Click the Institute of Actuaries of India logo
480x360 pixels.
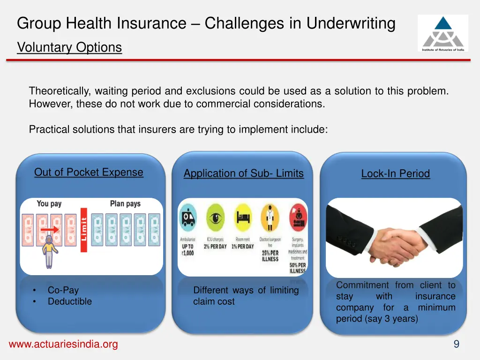coord(442,33)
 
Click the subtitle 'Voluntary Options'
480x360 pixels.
coord(69,47)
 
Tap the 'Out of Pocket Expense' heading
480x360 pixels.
coord(89,172)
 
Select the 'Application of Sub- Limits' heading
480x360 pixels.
coord(243,173)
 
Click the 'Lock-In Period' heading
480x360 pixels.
coord(395,173)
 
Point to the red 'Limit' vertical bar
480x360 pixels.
coord(84,230)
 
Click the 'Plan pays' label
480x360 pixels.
coord(125,203)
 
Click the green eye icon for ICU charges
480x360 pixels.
coord(215,217)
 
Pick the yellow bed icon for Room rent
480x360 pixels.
coord(243,217)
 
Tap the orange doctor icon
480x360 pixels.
coord(270,217)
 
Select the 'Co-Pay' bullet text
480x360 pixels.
coord(63,290)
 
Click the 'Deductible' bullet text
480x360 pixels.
coord(69,301)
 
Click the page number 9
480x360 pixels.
coord(456,345)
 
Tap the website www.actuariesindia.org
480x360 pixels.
coord(63,345)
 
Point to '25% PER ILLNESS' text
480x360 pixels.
coord(270,256)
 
